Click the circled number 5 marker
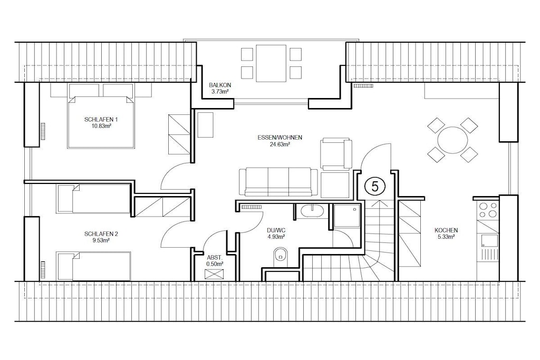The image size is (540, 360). click(375, 187)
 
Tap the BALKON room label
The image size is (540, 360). click(220, 85)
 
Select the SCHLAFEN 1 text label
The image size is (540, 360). click(101, 120)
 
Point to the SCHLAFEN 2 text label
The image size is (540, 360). click(101, 234)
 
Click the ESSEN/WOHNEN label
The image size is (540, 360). click(279, 138)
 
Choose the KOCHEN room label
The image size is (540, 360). click(446, 230)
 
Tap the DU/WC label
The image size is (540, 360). click(276, 230)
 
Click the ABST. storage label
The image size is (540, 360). click(215, 257)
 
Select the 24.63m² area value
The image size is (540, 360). click(279, 144)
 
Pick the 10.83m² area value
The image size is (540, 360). click(101, 127)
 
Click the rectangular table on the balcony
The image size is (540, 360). click(271, 64)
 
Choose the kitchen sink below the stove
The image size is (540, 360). click(489, 241)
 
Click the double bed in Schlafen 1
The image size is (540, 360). click(101, 122)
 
